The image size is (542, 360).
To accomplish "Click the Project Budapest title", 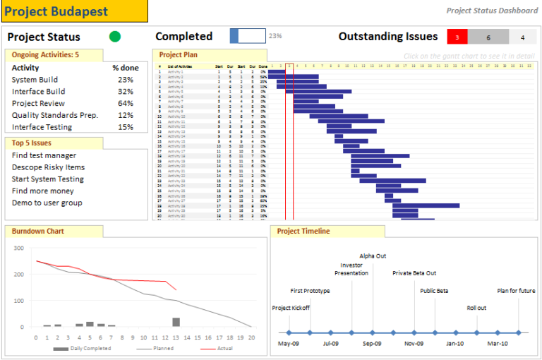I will pyautogui.click(x=56, y=11).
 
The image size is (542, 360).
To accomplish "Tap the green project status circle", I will pyautogui.click(x=115, y=37).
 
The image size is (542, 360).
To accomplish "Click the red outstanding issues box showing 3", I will pyautogui.click(x=457, y=37).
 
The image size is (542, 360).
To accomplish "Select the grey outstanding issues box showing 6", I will pyautogui.click(x=488, y=37).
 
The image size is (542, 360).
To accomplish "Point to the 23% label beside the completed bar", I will pyautogui.click(x=275, y=36).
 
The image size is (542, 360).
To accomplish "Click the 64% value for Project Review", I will pyautogui.click(x=126, y=103).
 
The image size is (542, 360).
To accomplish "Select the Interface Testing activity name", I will pyautogui.click(x=42, y=127).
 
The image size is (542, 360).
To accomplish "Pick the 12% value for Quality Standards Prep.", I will pyautogui.click(x=126, y=115).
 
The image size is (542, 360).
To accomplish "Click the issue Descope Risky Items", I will pyautogui.click(x=48, y=167).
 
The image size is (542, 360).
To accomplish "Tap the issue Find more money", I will pyautogui.click(x=42, y=191).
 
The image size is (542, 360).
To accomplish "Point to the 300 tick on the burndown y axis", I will pyautogui.click(x=18, y=248).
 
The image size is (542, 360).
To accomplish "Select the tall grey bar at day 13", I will pyautogui.click(x=176, y=322).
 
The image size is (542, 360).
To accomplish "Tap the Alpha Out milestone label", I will pyautogui.click(x=373, y=256).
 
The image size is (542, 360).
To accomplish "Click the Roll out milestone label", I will pyautogui.click(x=476, y=308).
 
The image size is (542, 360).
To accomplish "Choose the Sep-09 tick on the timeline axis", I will pyautogui.click(x=373, y=344).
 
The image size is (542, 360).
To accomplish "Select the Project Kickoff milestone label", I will pyautogui.click(x=290, y=308).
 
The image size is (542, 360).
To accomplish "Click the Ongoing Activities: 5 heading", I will pyautogui.click(x=45, y=54).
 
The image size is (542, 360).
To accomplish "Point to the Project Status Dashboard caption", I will pyautogui.click(x=492, y=10).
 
